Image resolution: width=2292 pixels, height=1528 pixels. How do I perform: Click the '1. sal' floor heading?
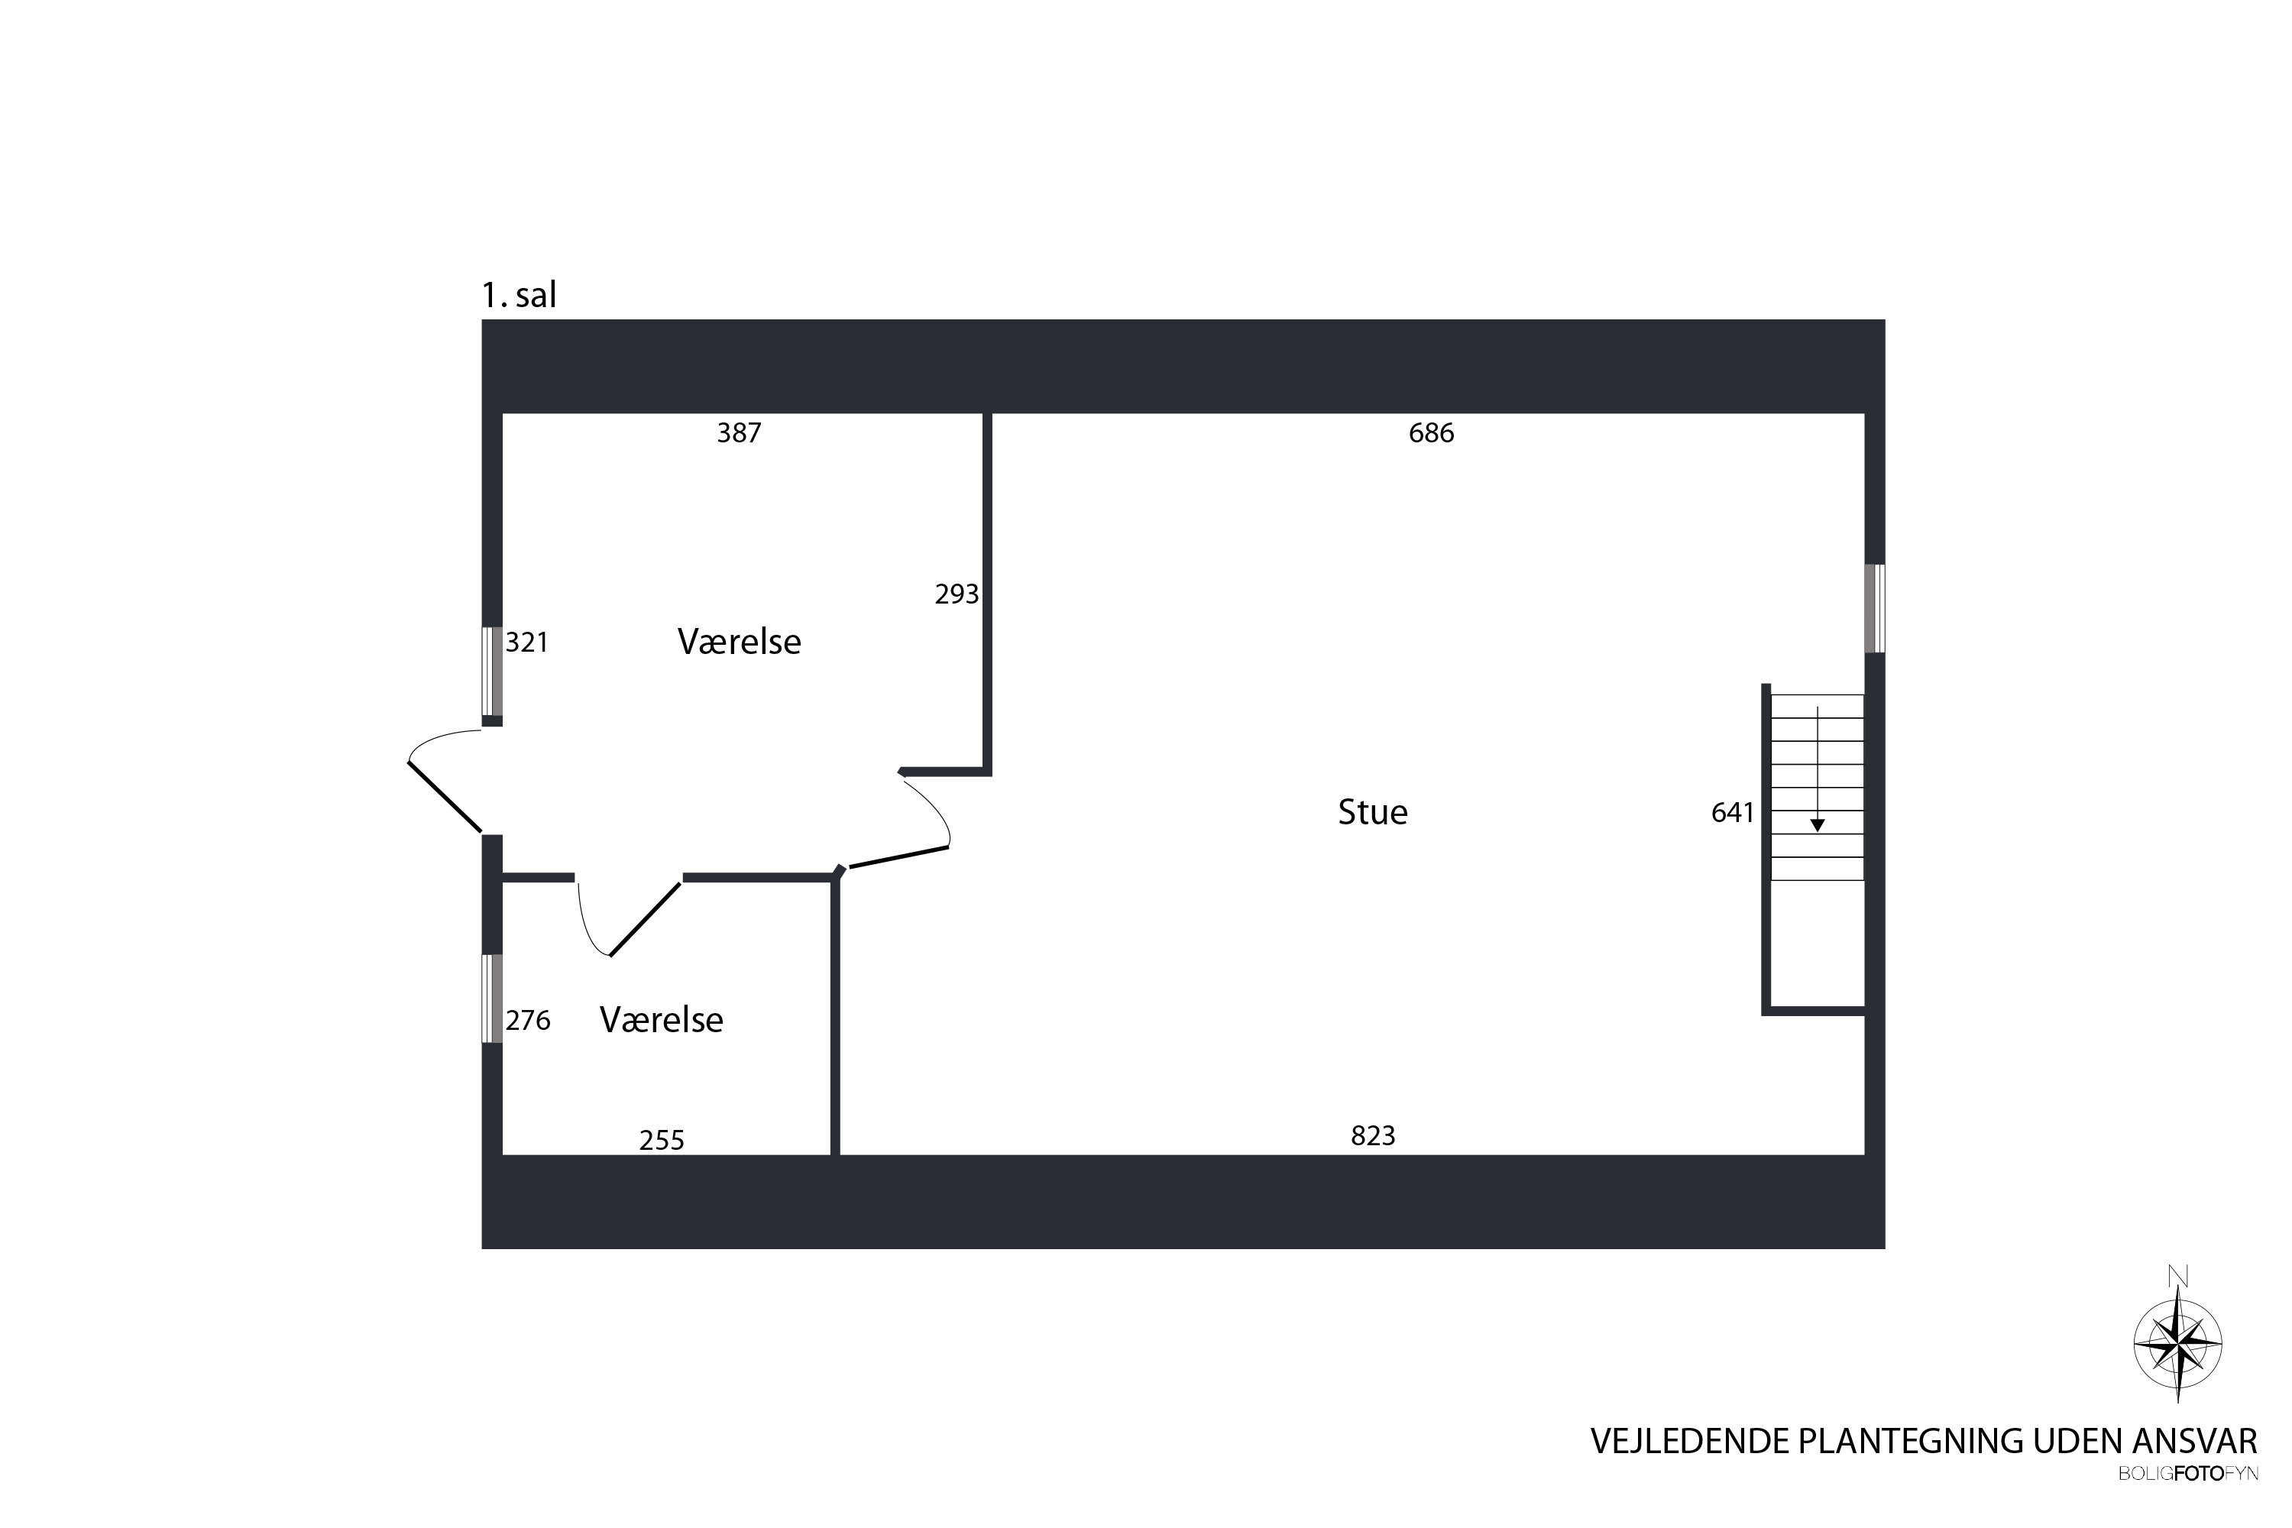(519, 294)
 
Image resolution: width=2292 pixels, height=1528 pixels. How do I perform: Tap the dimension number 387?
(739, 432)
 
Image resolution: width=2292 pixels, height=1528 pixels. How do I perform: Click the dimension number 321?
(526, 643)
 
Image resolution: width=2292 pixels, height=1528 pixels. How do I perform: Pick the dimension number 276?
(527, 1020)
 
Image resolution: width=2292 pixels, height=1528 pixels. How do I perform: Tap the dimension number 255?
(662, 1140)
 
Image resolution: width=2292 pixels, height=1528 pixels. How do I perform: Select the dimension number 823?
(1373, 1135)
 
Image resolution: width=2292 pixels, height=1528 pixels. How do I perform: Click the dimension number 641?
(1732, 813)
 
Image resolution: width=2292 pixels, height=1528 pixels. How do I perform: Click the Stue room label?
(1372, 811)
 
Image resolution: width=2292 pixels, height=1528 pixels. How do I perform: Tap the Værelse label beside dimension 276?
(661, 1020)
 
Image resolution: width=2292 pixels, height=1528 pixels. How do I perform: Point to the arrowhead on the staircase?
(1817, 825)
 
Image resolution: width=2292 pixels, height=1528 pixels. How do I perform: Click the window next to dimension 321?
(492, 672)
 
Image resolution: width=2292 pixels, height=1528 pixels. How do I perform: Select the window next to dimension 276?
(492, 998)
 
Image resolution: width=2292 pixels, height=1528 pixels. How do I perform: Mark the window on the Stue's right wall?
(1874, 608)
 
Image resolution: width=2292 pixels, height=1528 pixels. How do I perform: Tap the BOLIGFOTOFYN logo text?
(2189, 1475)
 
